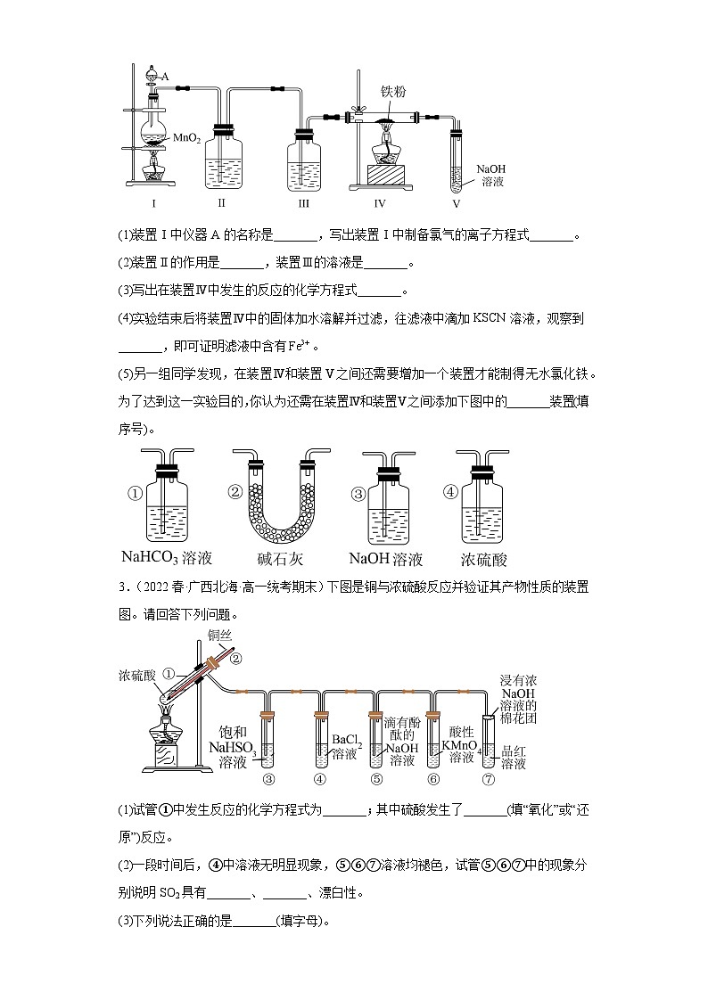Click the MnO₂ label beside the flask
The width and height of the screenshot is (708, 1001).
185,138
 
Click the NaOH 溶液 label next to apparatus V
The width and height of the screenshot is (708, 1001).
491,174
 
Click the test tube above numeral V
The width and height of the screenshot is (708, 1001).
458,160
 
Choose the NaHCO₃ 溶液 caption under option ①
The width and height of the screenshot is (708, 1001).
167,559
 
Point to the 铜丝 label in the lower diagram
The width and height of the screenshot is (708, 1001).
219,636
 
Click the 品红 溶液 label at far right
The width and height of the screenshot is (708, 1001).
514,758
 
